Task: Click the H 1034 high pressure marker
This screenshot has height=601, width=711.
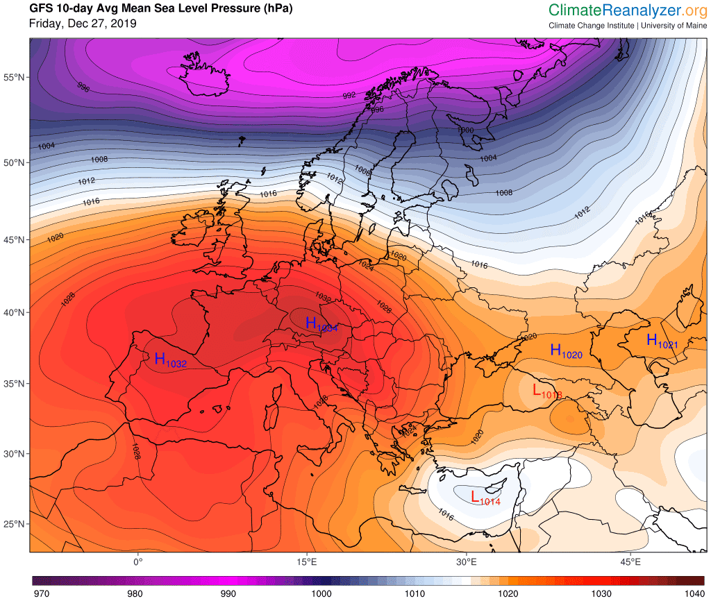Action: (x=320, y=325)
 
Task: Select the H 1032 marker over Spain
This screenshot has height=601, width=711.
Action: (x=169, y=360)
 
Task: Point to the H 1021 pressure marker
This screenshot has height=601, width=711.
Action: (x=661, y=341)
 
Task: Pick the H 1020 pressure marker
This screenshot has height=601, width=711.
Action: (x=565, y=352)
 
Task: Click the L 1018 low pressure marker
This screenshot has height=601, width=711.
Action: (x=546, y=391)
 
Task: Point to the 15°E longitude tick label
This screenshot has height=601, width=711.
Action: (x=308, y=561)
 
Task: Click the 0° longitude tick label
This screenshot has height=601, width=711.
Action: (x=137, y=561)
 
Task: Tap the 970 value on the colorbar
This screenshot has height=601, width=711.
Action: (x=42, y=593)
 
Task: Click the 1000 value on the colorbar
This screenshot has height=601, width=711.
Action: (x=321, y=593)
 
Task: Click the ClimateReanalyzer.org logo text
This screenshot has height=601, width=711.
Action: (x=626, y=10)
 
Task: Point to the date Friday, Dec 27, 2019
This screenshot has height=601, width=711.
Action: (x=83, y=24)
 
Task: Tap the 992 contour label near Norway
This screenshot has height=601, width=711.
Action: (x=349, y=96)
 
